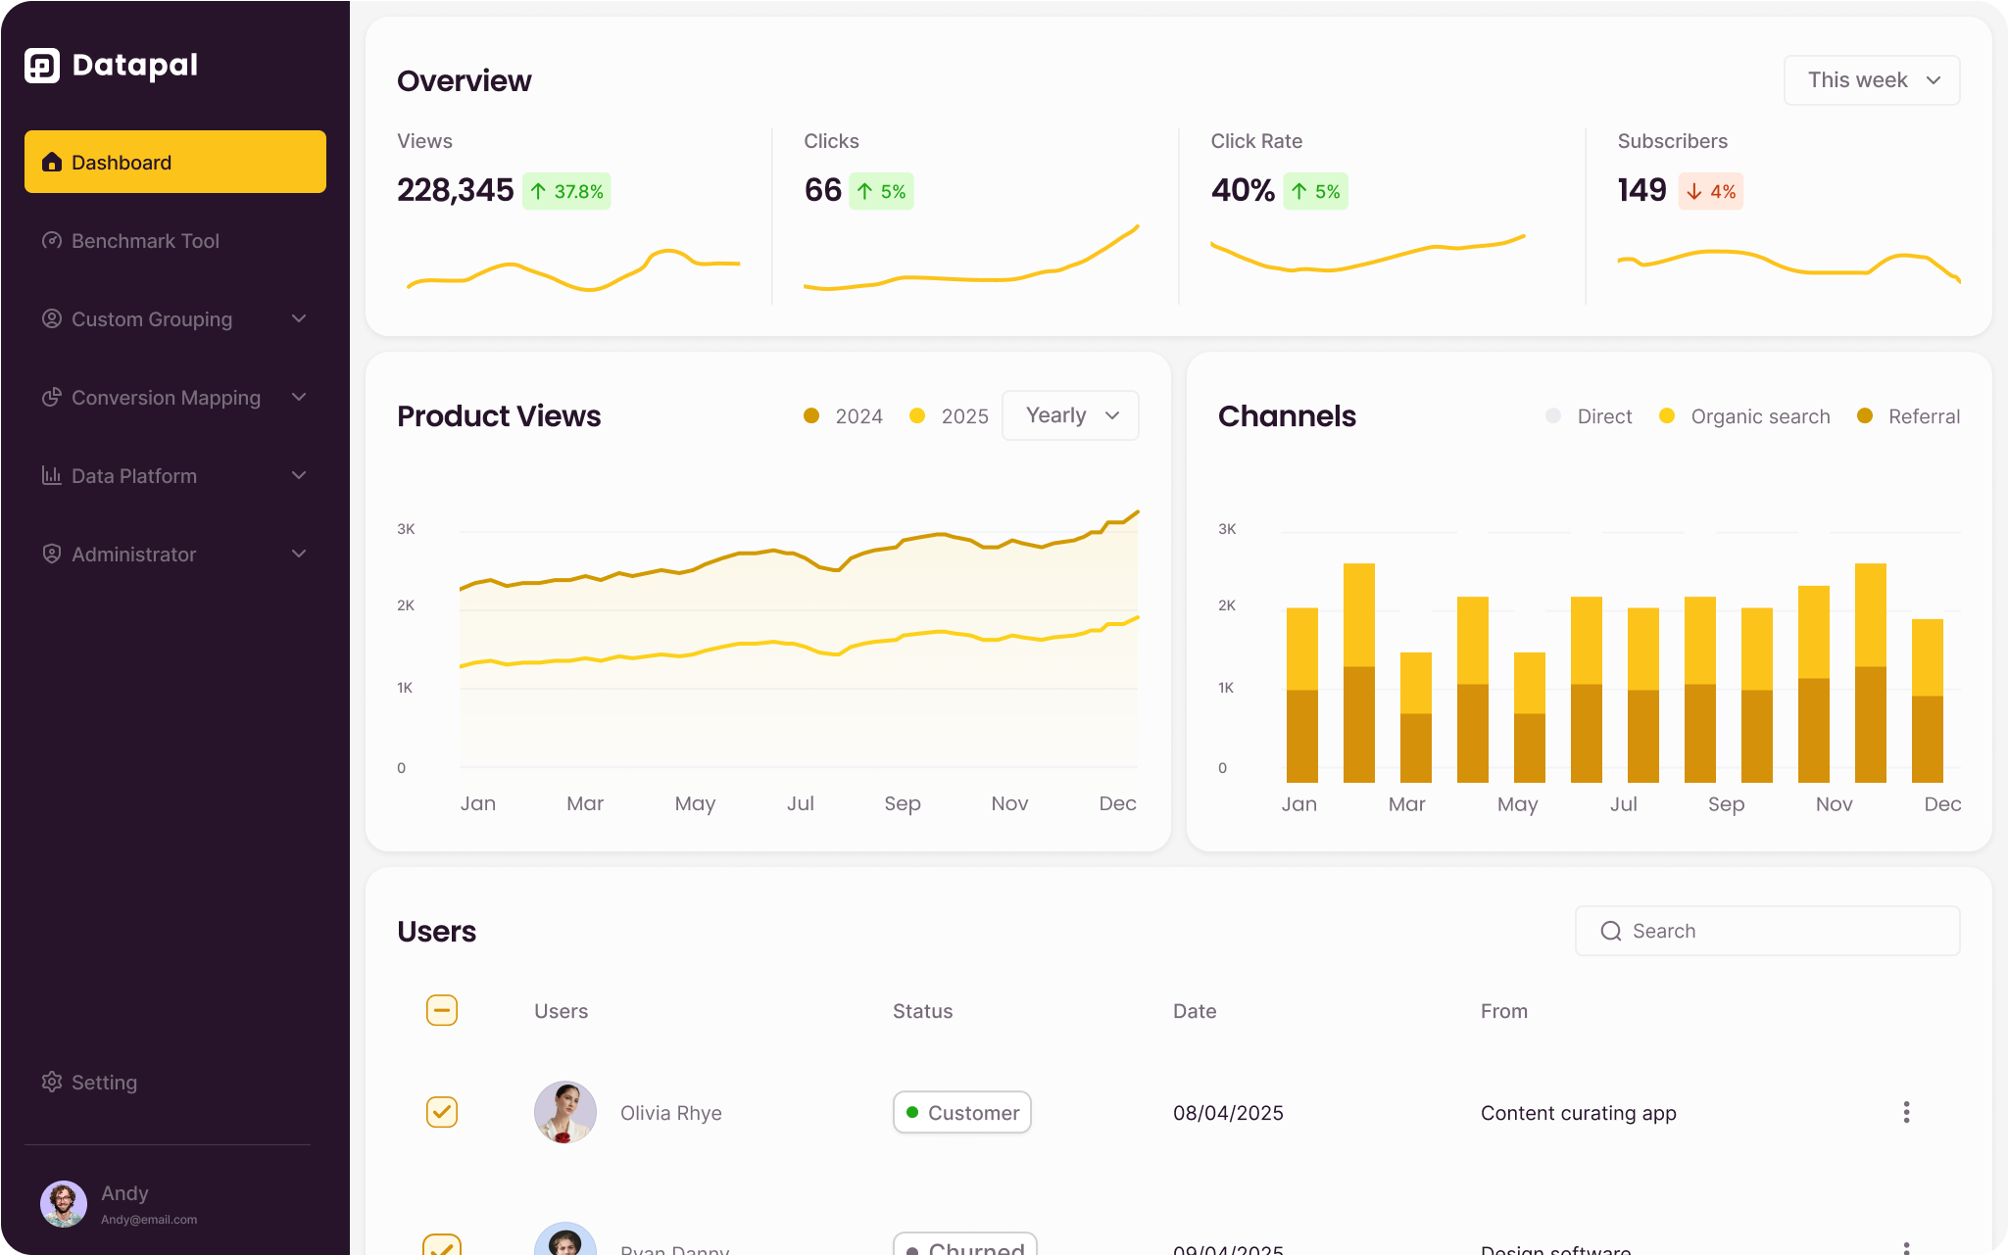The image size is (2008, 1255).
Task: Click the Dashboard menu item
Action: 174,162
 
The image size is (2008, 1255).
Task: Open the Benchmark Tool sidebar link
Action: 145,241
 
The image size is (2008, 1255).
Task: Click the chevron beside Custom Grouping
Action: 299,319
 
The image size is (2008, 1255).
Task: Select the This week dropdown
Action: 1871,80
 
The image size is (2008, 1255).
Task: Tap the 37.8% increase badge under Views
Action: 566,191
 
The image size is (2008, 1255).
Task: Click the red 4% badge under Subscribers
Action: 1711,191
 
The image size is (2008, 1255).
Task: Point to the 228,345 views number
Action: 455,190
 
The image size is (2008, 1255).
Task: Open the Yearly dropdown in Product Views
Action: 1070,415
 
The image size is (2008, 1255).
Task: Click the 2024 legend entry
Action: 844,416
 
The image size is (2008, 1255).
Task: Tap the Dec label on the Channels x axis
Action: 1941,804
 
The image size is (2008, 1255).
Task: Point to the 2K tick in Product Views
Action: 406,605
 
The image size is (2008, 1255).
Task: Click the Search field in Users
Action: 1767,931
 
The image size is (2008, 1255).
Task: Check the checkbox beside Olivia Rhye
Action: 442,1112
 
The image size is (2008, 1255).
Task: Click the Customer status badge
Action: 961,1112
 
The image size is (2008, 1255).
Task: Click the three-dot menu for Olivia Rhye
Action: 1906,1112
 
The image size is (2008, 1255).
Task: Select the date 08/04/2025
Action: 1228,1113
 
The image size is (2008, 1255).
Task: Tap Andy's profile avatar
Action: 64,1204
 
